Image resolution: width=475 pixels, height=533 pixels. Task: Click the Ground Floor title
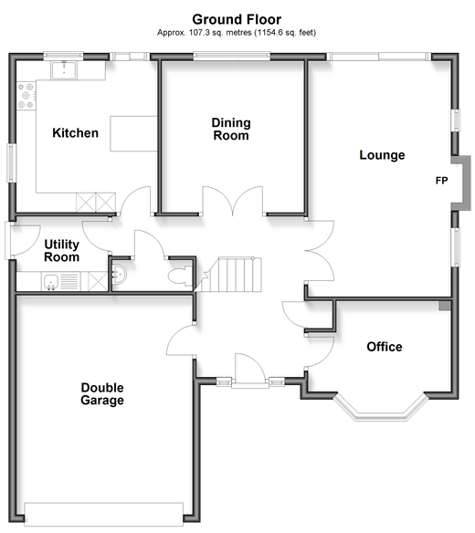[x=237, y=19]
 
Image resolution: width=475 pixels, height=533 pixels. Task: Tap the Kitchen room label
[x=76, y=133]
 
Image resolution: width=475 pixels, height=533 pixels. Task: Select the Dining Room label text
[x=231, y=130]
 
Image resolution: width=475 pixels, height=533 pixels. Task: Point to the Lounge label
[x=382, y=155]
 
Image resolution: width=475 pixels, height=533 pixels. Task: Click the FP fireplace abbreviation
[x=441, y=181]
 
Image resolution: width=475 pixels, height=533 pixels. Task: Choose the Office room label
[x=385, y=347]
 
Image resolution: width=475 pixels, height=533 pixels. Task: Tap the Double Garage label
[x=102, y=394]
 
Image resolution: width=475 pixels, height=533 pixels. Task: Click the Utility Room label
[x=61, y=250]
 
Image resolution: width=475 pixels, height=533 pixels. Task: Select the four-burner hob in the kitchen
[x=26, y=96]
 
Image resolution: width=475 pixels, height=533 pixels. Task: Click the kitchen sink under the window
[x=64, y=70]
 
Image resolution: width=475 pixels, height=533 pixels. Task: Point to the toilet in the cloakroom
[x=180, y=276]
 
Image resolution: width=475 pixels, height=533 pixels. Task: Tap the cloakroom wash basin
[x=119, y=274]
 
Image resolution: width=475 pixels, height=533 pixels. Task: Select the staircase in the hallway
[x=236, y=275]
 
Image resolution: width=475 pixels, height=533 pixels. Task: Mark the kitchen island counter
[x=133, y=133]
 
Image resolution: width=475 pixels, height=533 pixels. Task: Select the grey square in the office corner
[x=445, y=305]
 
